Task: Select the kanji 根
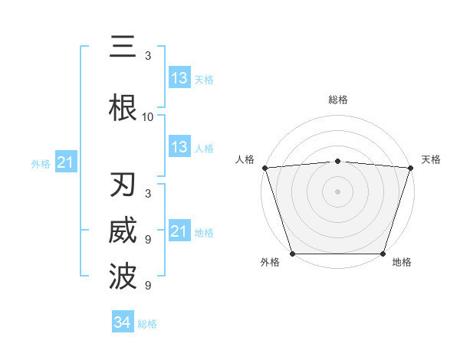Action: tap(123, 108)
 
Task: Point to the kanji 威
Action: tap(123, 231)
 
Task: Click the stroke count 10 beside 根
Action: tap(148, 117)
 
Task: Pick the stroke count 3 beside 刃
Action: tap(148, 193)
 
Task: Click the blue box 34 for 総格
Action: tap(123, 322)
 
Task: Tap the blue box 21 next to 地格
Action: tap(179, 231)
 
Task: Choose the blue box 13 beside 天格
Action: tap(179, 78)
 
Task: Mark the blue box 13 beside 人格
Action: tap(179, 147)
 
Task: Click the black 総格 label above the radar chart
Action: tap(337, 100)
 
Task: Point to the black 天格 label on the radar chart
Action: tap(431, 159)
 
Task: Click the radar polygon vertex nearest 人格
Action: tap(264, 168)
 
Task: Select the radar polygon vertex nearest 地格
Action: tap(383, 254)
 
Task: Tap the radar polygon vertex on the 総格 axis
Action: tap(337, 161)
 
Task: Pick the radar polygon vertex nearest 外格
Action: tap(292, 254)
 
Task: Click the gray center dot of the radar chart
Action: tap(337, 191)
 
